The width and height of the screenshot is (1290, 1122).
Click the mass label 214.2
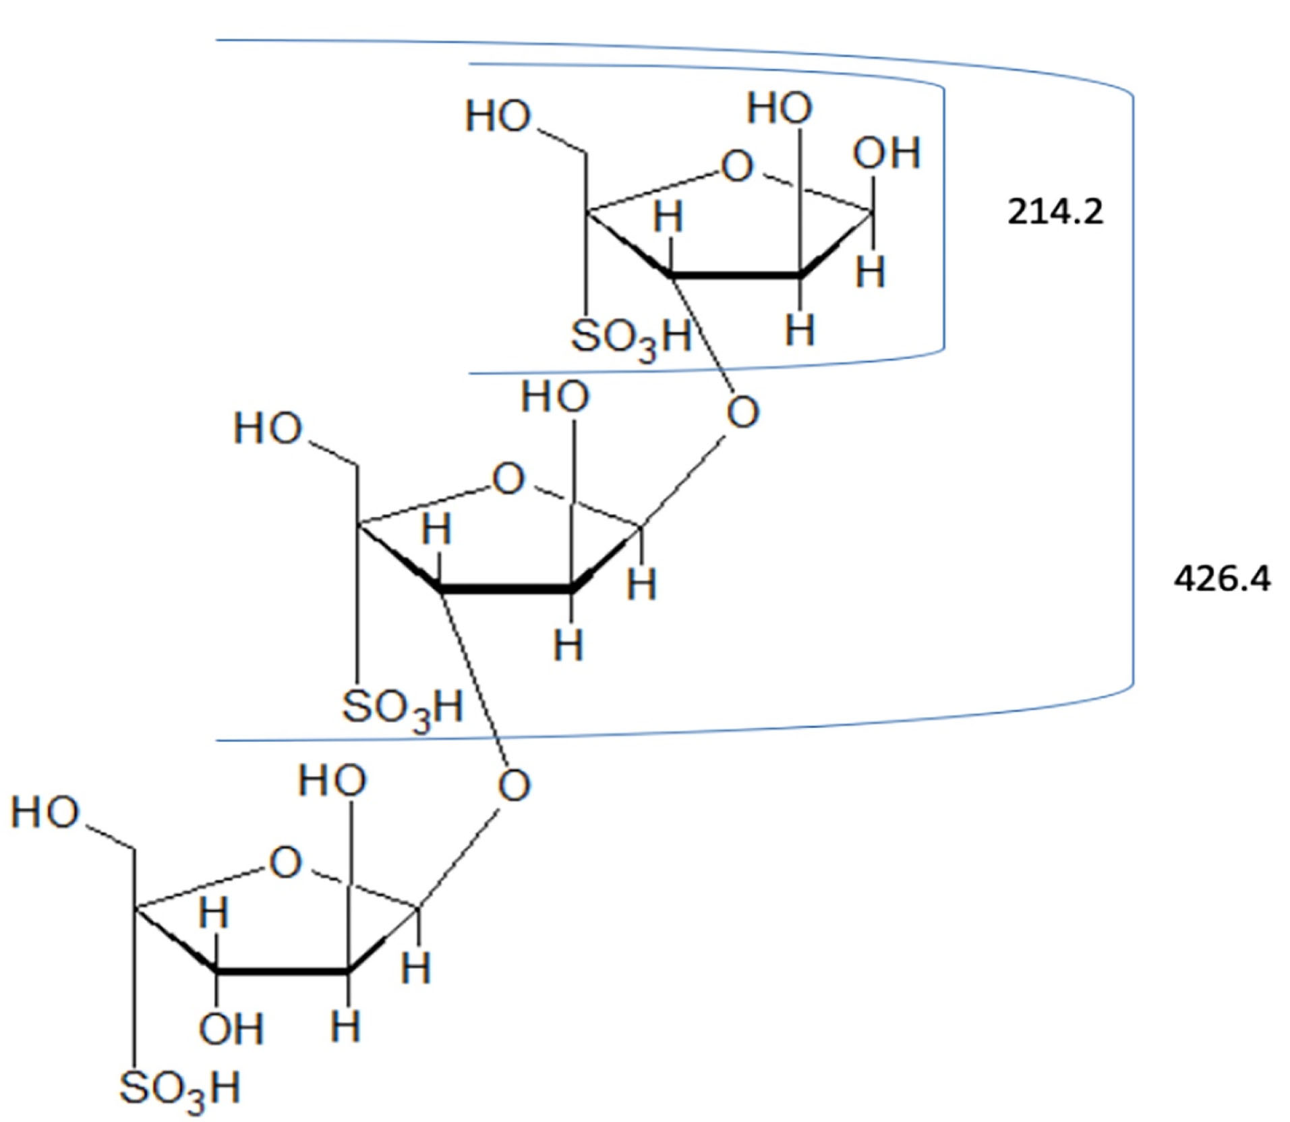tap(1055, 213)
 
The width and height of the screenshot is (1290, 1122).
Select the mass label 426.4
tap(1222, 579)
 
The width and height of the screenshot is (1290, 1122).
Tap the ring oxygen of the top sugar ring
tap(736, 166)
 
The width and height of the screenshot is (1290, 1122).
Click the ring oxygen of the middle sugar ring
tap(508, 479)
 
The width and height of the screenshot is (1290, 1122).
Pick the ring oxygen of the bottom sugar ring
tap(285, 862)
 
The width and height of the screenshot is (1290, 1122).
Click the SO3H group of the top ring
tap(631, 337)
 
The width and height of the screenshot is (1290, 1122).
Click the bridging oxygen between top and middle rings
tap(742, 412)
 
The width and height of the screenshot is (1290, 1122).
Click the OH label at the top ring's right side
tap(886, 153)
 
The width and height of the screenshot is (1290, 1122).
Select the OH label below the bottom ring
tap(231, 1029)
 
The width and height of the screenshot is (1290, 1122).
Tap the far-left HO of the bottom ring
tap(45, 812)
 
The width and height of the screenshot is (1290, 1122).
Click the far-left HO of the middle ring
tap(268, 428)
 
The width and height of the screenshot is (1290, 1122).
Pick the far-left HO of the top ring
tap(498, 116)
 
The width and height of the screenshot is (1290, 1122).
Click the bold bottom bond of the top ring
tap(735, 275)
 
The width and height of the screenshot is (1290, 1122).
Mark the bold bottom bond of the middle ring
tap(506, 588)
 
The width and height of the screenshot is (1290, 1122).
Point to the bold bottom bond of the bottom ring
tap(282, 971)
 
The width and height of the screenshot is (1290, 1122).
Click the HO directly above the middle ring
tap(555, 396)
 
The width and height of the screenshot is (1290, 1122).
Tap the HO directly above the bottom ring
tap(332, 781)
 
